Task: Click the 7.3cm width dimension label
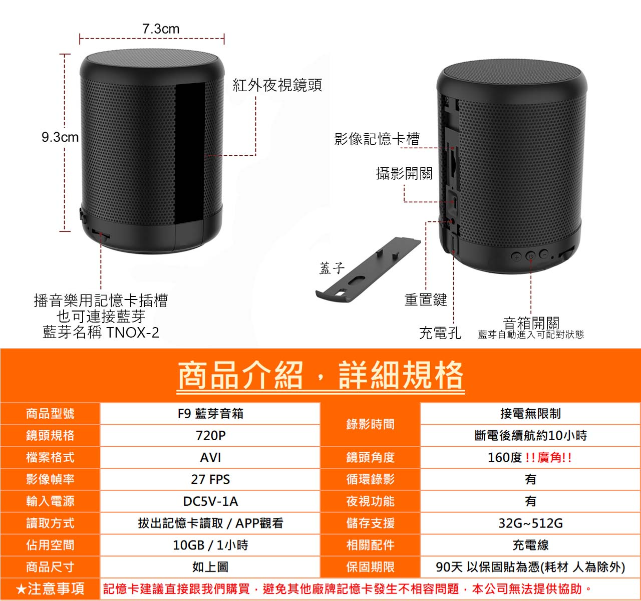161,29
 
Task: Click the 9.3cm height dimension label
60,137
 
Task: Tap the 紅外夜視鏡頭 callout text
277,85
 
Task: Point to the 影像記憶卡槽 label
377,139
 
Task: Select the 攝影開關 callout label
405,173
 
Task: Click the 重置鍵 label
426,299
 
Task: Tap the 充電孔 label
440,333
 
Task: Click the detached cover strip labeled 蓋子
368,270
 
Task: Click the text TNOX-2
133,333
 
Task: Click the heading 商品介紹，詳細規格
320,375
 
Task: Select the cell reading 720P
210,436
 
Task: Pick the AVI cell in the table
210,458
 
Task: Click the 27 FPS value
210,480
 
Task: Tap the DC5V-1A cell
210,501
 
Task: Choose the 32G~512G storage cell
531,523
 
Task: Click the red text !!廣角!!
548,458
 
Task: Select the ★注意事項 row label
50,588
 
